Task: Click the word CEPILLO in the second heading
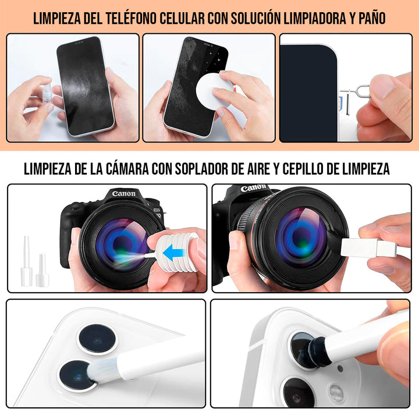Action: point(306,169)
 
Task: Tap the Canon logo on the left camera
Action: point(123,194)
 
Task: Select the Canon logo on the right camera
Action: point(254,189)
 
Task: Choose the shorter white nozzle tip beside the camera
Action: point(41,271)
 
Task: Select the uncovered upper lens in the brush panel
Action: point(97,339)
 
